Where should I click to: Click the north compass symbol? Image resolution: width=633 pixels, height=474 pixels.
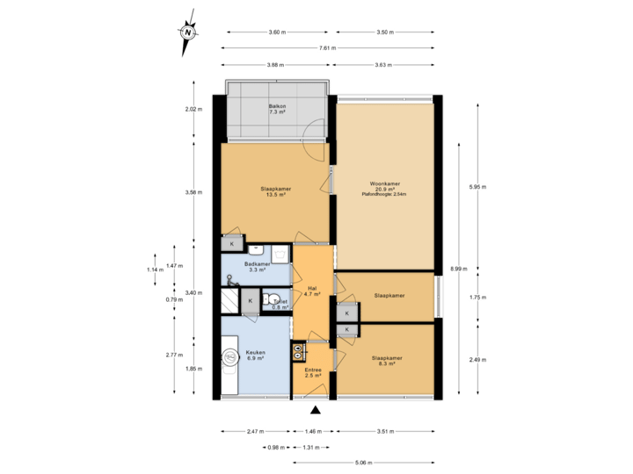[188, 32]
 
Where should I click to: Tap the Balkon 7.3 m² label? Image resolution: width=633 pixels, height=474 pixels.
[277, 109]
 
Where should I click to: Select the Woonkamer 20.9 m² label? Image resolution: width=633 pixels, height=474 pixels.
[384, 192]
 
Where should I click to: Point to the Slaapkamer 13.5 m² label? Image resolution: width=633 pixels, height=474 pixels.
[276, 191]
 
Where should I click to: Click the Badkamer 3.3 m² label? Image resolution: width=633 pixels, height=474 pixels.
[256, 267]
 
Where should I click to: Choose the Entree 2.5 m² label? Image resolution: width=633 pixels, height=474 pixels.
[312, 373]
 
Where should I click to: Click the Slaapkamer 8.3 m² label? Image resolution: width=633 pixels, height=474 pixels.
[387, 361]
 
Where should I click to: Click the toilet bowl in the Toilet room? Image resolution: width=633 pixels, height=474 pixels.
[273, 298]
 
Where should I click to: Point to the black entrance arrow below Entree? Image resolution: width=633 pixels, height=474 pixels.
[315, 409]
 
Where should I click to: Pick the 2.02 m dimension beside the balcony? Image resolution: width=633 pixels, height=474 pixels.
[194, 110]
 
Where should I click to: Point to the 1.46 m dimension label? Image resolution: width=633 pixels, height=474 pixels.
[314, 432]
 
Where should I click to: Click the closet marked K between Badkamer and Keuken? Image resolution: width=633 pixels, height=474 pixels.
[251, 301]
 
